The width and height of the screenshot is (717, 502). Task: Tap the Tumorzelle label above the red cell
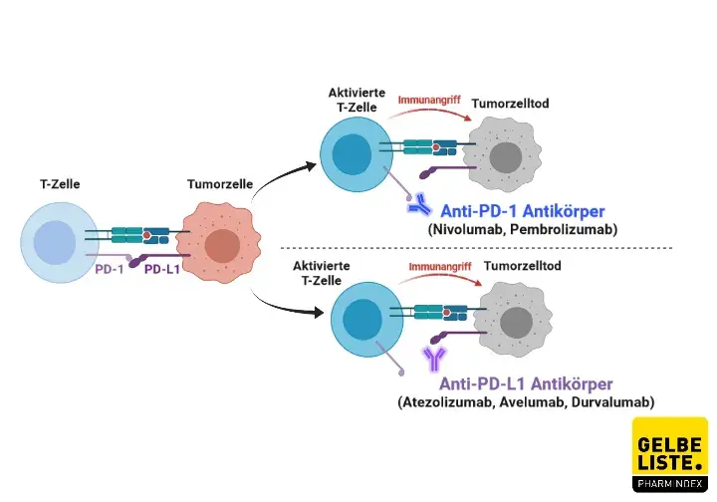220,185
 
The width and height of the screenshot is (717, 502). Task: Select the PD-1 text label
110,269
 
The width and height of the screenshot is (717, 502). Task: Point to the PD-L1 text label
161,269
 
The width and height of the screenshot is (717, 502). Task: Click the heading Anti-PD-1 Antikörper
521,210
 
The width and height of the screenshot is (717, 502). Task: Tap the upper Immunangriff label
430,101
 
